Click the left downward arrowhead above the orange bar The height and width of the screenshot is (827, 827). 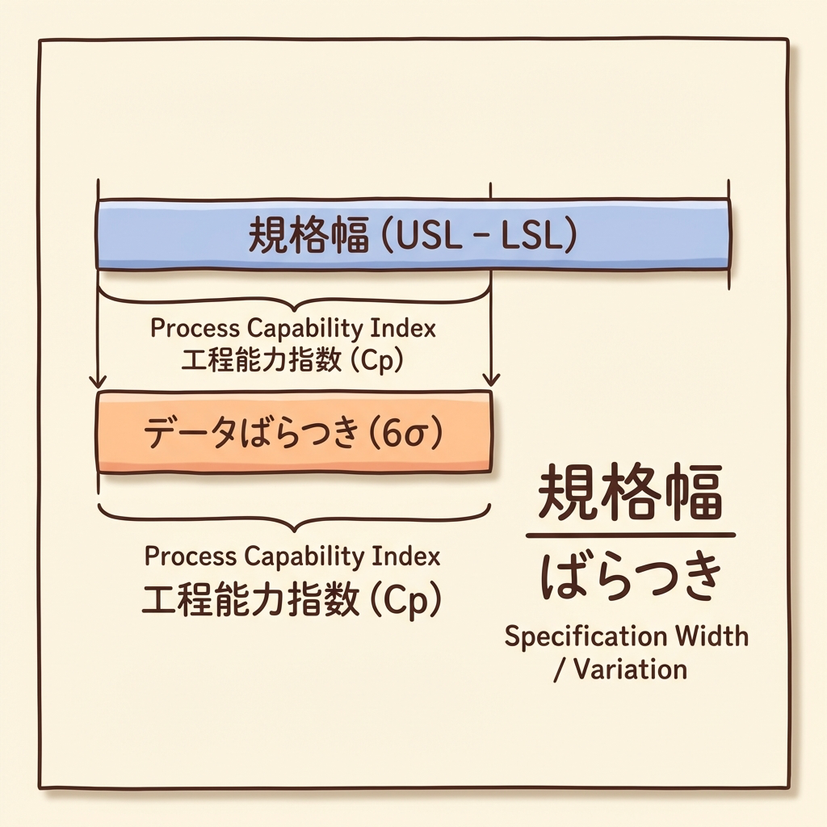[x=99, y=380]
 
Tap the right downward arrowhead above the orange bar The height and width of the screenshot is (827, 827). [x=490, y=380]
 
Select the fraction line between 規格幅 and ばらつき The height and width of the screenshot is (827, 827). [x=631, y=535]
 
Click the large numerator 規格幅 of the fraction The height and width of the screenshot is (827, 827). [x=631, y=493]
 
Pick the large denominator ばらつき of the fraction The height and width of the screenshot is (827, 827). [x=631, y=578]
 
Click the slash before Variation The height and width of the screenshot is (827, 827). [x=558, y=670]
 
